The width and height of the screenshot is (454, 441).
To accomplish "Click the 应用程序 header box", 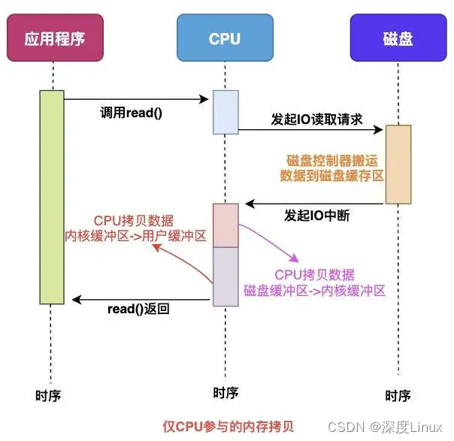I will (x=53, y=37).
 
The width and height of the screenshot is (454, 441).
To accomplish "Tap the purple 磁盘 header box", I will (x=398, y=37).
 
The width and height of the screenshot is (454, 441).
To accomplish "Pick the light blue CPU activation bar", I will (x=225, y=112).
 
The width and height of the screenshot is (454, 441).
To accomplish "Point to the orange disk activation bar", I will (x=398, y=164).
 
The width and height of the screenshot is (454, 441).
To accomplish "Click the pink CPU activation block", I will (x=225, y=225).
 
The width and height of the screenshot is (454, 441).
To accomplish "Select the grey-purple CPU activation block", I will (x=225, y=276).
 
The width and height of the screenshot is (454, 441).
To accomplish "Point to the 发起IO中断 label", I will (x=316, y=216).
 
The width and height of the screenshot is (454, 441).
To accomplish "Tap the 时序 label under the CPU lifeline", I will (x=225, y=392).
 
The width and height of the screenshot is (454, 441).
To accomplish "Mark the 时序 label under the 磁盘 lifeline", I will (x=398, y=395).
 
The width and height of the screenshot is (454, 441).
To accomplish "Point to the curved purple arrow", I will (x=266, y=240).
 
